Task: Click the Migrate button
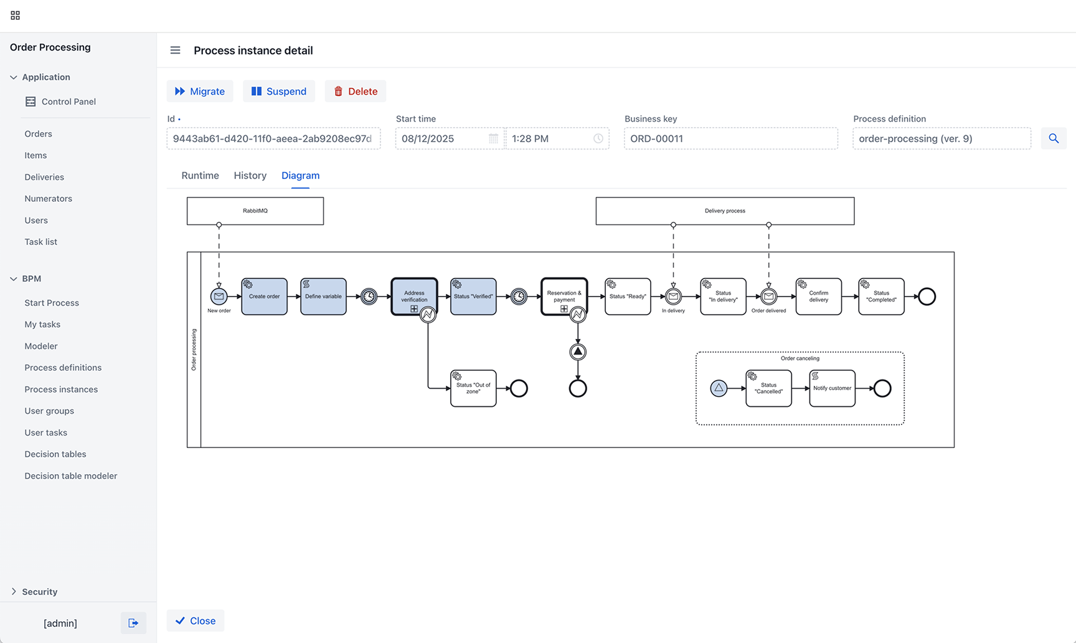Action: [200, 91]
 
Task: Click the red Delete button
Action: [356, 91]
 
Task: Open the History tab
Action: [250, 176]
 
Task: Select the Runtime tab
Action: [200, 176]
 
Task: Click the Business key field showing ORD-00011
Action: [731, 138]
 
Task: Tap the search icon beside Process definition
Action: [1054, 138]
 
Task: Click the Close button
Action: [196, 621]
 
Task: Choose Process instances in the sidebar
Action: [61, 389]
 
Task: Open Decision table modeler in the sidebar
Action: [71, 476]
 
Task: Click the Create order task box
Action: [265, 297]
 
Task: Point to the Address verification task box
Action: [414, 297]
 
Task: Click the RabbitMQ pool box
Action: [255, 211]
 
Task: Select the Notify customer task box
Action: [833, 388]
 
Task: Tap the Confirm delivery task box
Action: [819, 297]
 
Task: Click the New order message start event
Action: [219, 297]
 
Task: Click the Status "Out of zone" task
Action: [473, 388]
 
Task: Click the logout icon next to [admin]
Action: [133, 623]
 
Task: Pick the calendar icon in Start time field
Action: [493, 138]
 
